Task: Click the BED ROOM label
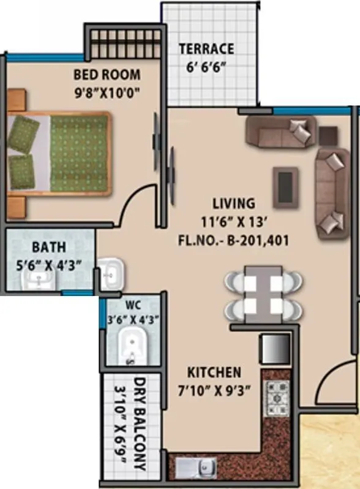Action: pos(107,75)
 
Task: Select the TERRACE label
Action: pos(206,49)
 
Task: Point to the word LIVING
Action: pos(233,203)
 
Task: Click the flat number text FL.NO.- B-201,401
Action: pos(242,241)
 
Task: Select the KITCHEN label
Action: pos(214,372)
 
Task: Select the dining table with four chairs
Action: pos(263,294)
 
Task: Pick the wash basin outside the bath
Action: pos(113,274)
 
